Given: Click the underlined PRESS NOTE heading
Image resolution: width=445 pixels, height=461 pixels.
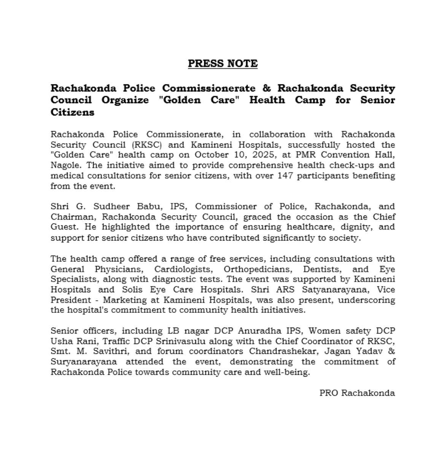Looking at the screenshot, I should pyautogui.click(x=222, y=63).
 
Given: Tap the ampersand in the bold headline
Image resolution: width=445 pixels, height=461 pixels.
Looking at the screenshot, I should pyautogui.click(x=267, y=88).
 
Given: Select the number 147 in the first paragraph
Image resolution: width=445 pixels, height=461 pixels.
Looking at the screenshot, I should pyautogui.click(x=285, y=176).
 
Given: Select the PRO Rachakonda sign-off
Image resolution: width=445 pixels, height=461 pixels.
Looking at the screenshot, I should pyautogui.click(x=357, y=393).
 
